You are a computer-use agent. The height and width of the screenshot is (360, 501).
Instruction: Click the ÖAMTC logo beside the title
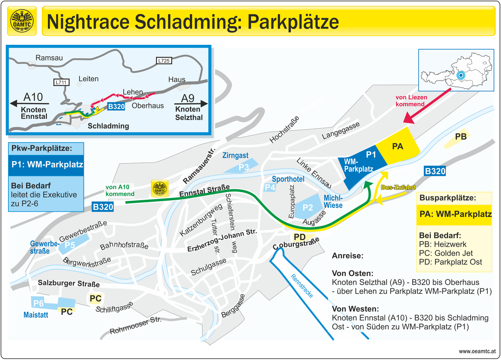(22, 21)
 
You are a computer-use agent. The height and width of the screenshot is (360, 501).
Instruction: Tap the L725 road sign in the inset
(164, 61)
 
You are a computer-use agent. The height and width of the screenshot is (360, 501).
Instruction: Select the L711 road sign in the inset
(61, 82)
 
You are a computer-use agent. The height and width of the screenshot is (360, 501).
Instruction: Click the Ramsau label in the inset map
(49, 58)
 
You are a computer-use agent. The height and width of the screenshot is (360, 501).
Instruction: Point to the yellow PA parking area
(397, 146)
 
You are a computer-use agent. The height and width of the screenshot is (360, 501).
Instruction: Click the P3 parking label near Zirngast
(244, 167)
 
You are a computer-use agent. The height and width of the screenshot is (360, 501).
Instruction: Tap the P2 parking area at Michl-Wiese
(308, 208)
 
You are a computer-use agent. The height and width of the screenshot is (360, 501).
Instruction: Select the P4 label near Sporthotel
(270, 188)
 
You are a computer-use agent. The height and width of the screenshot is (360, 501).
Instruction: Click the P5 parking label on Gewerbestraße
(70, 245)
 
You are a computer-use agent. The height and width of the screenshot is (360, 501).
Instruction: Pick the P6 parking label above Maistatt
(38, 303)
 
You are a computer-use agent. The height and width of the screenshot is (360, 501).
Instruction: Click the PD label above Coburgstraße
(300, 237)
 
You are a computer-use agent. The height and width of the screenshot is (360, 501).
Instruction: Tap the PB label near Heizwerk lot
(461, 136)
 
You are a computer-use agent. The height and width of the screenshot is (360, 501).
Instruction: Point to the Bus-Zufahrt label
(398, 187)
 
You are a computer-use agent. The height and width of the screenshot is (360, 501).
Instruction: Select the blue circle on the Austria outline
(461, 75)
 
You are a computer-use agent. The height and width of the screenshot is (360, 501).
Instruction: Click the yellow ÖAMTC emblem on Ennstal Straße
(160, 189)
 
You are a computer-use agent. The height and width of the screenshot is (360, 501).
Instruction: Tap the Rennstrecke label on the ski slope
(302, 286)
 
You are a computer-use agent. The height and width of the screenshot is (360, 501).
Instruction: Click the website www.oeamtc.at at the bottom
(477, 351)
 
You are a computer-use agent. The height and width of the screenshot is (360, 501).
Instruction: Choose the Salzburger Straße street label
(69, 283)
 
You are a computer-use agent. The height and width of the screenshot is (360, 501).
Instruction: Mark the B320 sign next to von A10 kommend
(103, 207)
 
